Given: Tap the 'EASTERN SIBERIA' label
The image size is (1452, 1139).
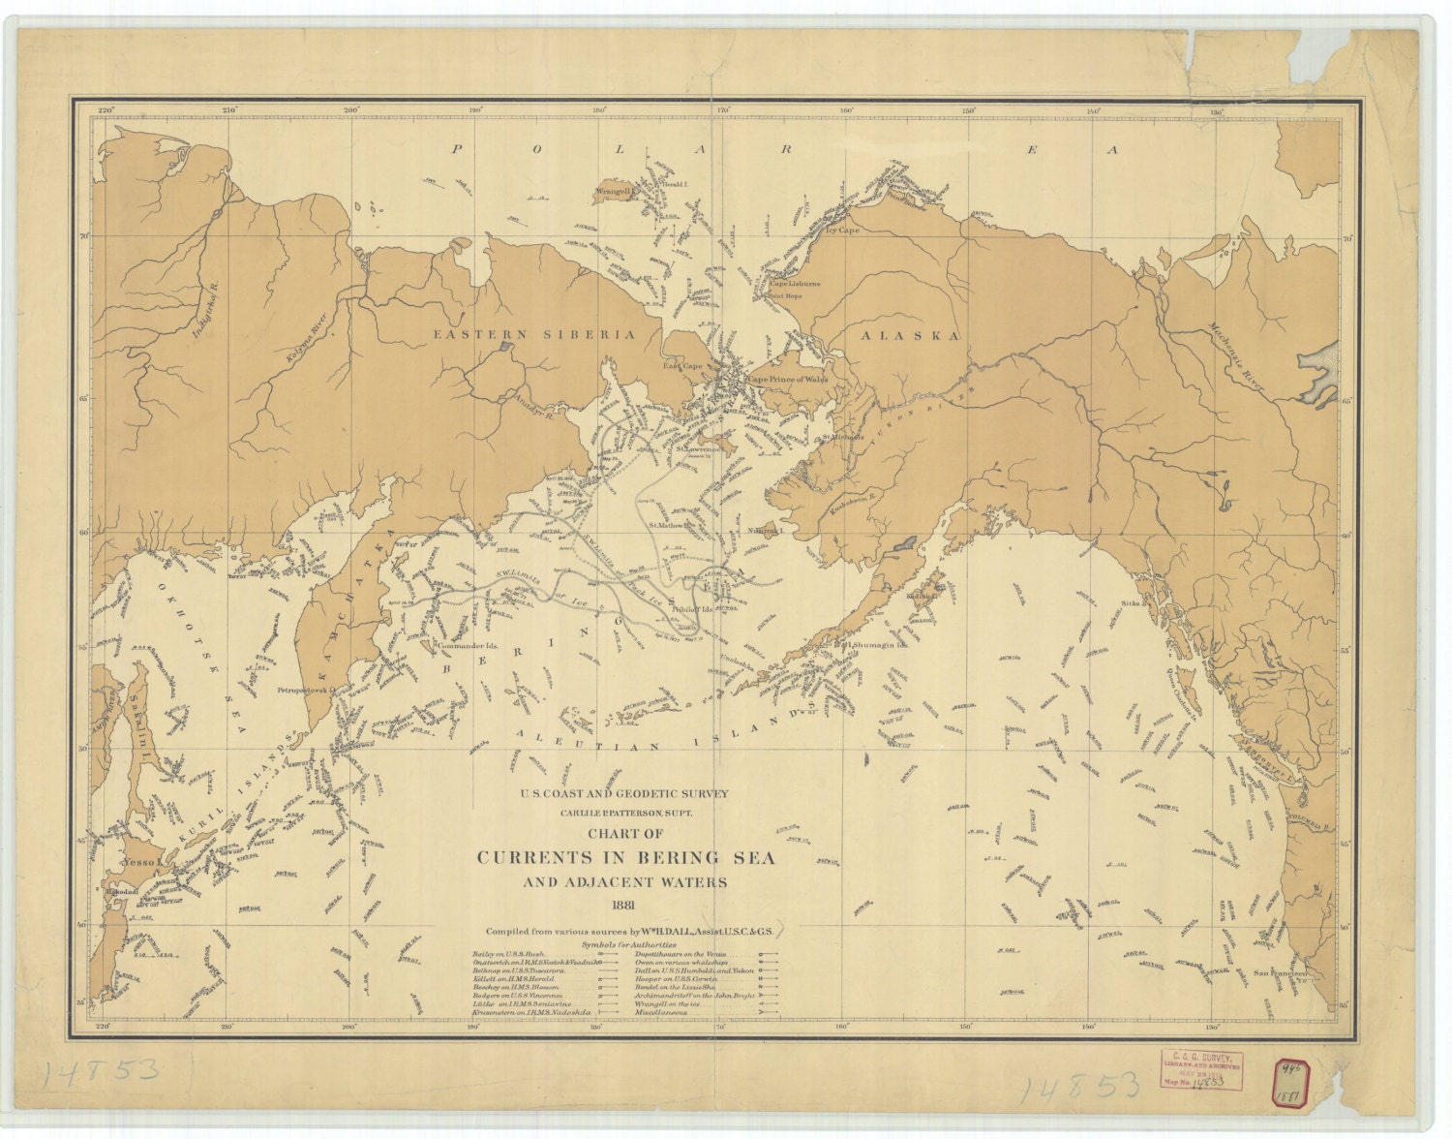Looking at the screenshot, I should coord(533,334).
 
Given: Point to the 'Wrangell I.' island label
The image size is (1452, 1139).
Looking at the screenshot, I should coord(614,192).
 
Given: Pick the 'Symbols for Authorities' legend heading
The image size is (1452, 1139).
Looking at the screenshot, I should coord(629,943).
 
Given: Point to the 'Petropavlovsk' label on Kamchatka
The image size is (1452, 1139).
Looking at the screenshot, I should coord(303,692).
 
